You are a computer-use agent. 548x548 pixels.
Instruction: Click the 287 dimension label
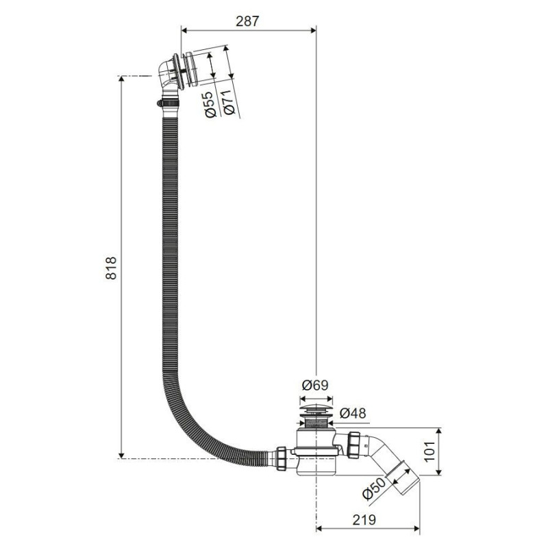pos(247,21)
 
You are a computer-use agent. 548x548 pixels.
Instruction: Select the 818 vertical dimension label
pos(111,268)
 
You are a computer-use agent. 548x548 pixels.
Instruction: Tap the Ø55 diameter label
pos(210,105)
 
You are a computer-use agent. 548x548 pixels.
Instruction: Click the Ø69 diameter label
pos(315,385)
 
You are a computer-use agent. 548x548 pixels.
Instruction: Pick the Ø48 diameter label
pos(353,413)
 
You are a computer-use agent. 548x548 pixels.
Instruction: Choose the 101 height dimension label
pos(430,451)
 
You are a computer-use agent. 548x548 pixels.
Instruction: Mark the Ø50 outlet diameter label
pos(373,488)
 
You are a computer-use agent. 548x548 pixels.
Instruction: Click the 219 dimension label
pos(364,520)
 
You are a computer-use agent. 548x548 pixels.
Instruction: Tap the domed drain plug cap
pos(316,408)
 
